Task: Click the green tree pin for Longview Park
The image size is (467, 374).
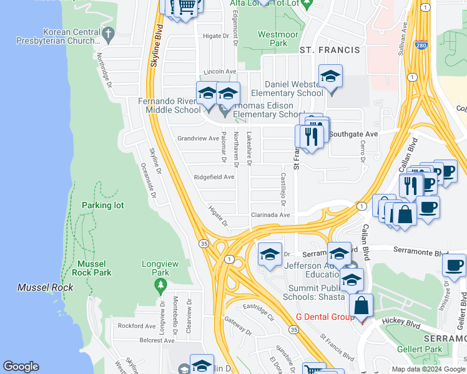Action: click(160, 285)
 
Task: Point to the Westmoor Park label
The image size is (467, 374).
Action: click(273, 39)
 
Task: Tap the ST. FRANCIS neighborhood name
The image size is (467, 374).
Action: click(330, 50)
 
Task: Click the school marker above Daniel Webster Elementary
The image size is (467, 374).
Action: click(330, 77)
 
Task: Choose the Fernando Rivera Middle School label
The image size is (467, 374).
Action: click(170, 105)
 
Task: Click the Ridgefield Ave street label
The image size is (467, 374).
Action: click(214, 177)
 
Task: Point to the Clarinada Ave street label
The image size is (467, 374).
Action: click(270, 214)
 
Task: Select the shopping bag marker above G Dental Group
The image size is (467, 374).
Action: click(361, 306)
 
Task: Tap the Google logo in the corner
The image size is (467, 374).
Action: click(21, 367)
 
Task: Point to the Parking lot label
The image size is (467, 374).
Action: click(103, 205)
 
